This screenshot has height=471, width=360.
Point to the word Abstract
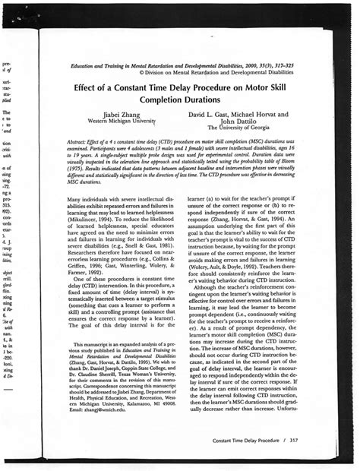pyautogui.click(x=79, y=142)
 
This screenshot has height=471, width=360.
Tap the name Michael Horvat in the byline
pyautogui.click(x=264, y=112)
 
